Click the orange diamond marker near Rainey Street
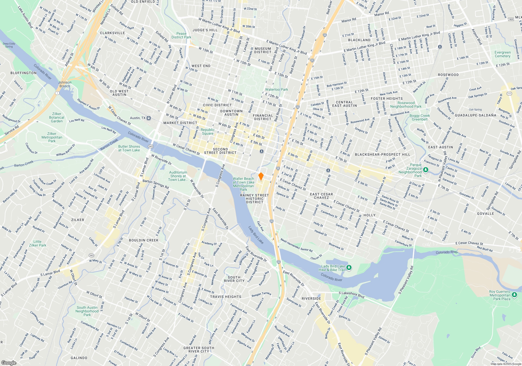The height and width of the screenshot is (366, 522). click(261, 176)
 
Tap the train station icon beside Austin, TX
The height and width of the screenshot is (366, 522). click(149, 118)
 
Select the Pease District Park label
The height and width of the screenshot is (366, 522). click(181, 35)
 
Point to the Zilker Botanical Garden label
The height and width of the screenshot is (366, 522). click(57, 117)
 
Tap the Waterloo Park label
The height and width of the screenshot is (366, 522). click(276, 89)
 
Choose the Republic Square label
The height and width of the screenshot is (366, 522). click(207, 131)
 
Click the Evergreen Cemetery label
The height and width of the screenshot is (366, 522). click(502, 54)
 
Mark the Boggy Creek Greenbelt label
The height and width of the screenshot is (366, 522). click(419, 117)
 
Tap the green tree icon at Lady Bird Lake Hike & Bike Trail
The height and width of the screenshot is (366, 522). click(349, 267)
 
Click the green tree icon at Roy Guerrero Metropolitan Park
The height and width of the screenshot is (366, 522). click(514, 295)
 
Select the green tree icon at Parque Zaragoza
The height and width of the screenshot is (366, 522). click(426, 170)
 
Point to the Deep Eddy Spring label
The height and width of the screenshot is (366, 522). click(9, 45)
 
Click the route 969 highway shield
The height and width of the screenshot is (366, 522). click(511, 19)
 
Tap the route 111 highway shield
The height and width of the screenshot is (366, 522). click(509, 93)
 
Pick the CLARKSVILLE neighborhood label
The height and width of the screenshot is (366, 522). click(112, 33)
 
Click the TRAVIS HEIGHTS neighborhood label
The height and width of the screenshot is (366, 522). click(226, 297)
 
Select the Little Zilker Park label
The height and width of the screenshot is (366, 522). click(38, 243)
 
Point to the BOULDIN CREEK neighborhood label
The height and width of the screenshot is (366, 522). click(144, 240)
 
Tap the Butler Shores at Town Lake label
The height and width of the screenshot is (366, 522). click(129, 148)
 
